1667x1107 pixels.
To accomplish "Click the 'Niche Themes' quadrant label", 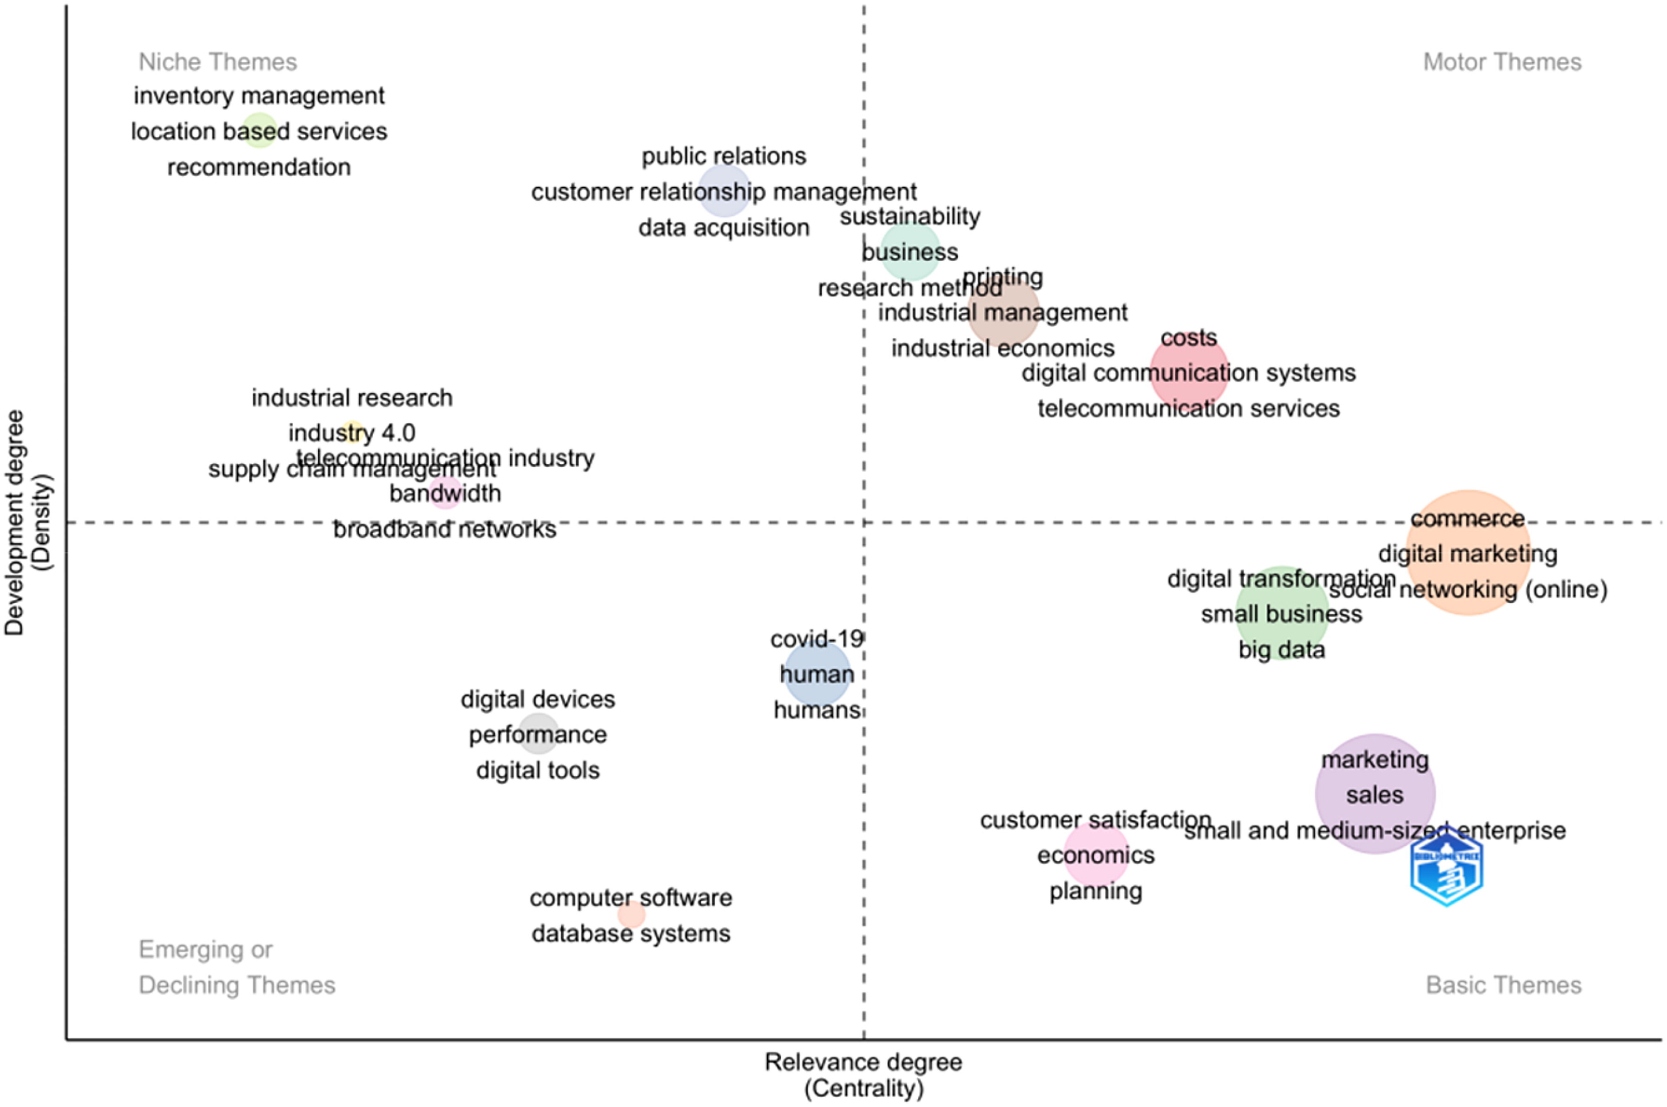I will coord(217,62).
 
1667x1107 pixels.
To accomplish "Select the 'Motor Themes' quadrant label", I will coord(1502,62).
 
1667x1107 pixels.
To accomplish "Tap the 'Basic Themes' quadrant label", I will coord(1503,985).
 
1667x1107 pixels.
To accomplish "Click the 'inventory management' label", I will coord(259,95).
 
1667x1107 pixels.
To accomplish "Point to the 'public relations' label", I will coord(724,156).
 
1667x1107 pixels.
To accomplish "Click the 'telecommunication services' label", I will coord(1188,409).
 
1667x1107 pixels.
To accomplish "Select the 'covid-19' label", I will coord(816,639).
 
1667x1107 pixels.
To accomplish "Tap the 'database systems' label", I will coord(631,933).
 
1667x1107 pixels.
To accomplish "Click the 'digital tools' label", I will coord(538,770).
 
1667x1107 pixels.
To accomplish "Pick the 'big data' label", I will coord(1281,650).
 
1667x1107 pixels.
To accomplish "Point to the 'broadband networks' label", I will coord(445,529).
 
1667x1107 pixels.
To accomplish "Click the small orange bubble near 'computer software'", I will coord(631,915).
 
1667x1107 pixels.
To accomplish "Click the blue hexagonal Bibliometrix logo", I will coord(1446,867).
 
